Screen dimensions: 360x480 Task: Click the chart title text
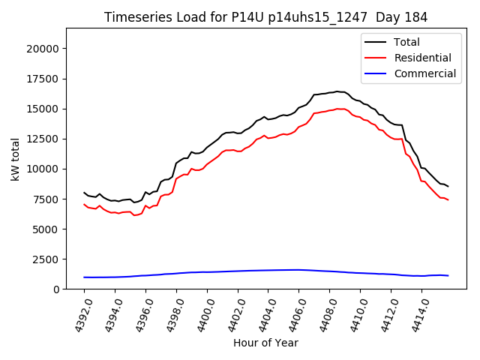(266, 17)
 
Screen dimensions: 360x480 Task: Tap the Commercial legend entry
(424, 73)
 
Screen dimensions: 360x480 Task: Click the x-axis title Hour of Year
(265, 343)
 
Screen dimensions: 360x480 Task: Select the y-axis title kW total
(15, 159)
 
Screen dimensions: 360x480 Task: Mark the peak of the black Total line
(337, 91)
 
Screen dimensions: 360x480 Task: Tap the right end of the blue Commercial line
(448, 276)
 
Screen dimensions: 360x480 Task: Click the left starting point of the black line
(84, 193)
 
